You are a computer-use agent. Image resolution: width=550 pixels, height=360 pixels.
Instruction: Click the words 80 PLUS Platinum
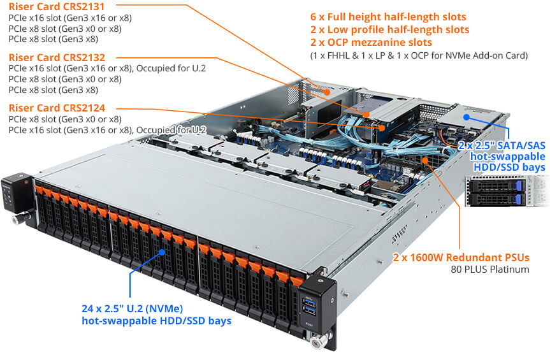[x=491, y=270]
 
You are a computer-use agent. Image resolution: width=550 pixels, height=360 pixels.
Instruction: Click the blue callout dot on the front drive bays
[x=163, y=252]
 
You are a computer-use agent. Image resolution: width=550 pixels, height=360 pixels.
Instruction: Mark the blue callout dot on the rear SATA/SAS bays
[x=467, y=117]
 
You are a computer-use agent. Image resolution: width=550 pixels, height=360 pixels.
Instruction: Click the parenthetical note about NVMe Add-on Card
[x=419, y=56]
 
